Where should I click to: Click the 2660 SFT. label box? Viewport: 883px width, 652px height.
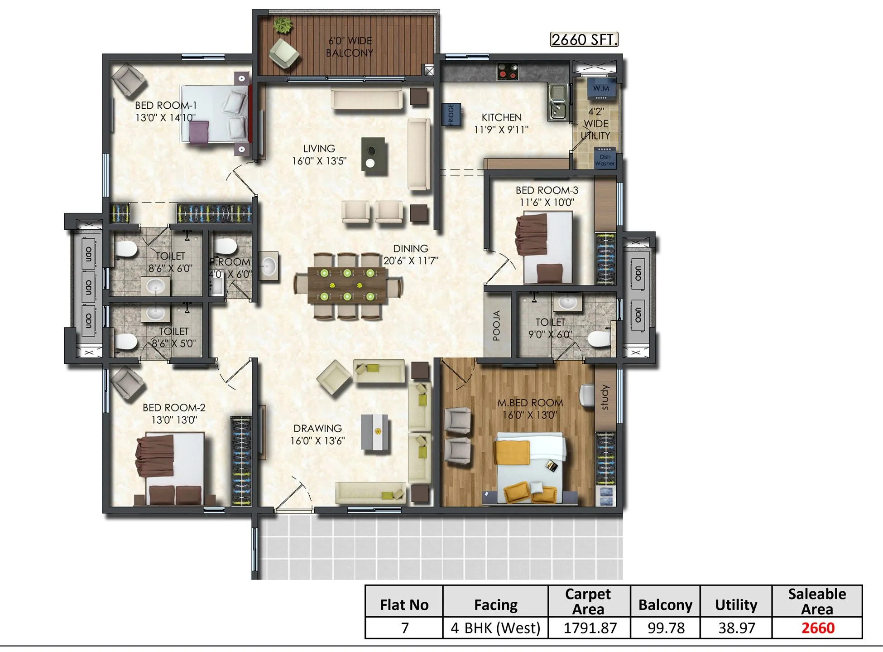point(584,40)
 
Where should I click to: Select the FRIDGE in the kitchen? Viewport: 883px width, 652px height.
point(451,114)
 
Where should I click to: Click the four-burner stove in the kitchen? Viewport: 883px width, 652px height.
point(507,71)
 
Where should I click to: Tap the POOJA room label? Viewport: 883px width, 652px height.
point(497,325)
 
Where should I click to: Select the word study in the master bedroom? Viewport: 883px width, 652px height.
point(605,398)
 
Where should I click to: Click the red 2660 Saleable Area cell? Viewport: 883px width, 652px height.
point(817,628)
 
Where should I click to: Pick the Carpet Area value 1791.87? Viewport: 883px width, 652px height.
point(590,628)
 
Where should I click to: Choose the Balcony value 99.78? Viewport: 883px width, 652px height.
point(666,628)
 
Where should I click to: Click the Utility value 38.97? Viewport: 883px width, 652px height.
point(736,628)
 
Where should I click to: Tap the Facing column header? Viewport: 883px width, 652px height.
point(496,605)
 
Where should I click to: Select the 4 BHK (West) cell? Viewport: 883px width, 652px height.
point(496,628)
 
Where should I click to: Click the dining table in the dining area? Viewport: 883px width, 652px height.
point(347,285)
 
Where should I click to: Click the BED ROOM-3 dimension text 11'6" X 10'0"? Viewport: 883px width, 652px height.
point(547,203)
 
